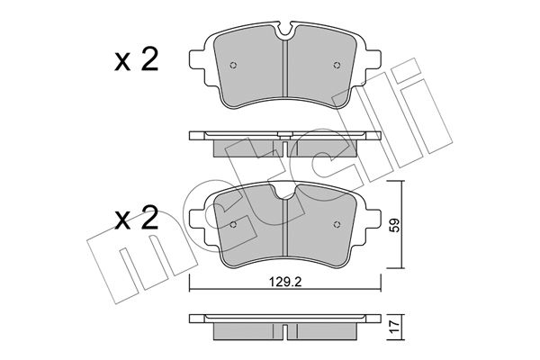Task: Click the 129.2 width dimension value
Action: point(285,282)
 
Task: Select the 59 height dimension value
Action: point(396,225)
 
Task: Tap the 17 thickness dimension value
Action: point(396,325)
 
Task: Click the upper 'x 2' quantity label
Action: point(137,59)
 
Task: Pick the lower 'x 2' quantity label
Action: point(137,218)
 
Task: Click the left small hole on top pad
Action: point(233,65)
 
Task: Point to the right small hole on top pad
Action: point(337,65)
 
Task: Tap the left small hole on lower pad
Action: point(233,225)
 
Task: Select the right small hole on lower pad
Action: point(337,225)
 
